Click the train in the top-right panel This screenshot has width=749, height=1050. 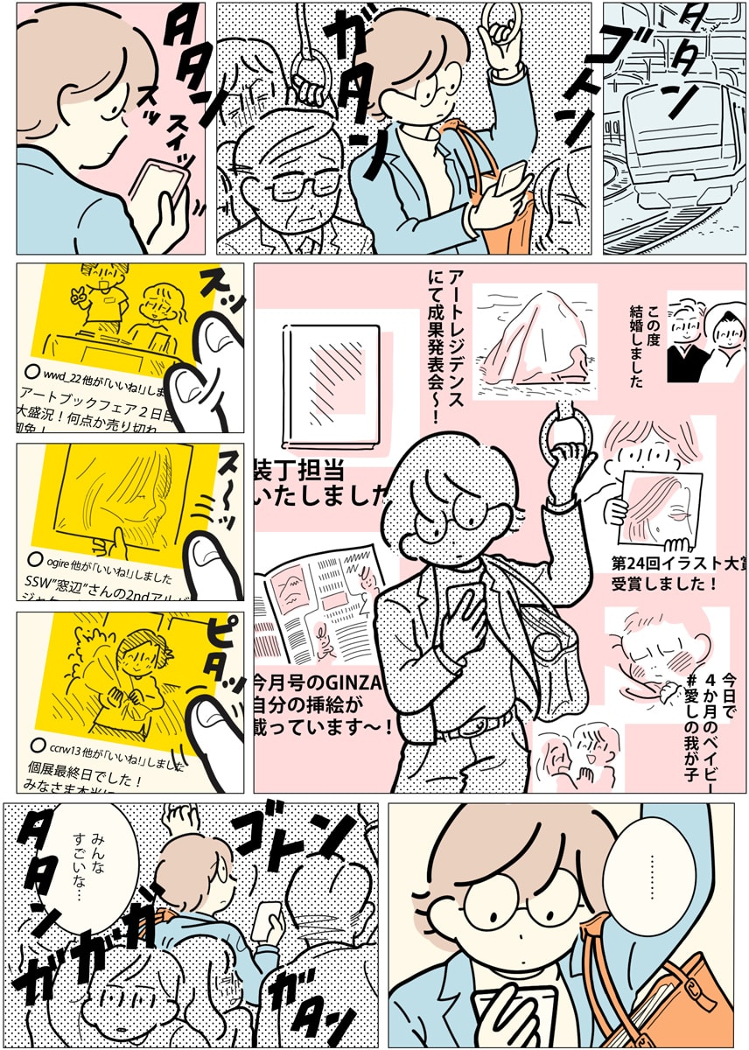pyautogui.click(x=674, y=140)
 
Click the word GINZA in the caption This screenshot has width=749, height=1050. pyautogui.click(x=350, y=682)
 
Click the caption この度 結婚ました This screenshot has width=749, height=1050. pyautogui.click(x=644, y=346)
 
